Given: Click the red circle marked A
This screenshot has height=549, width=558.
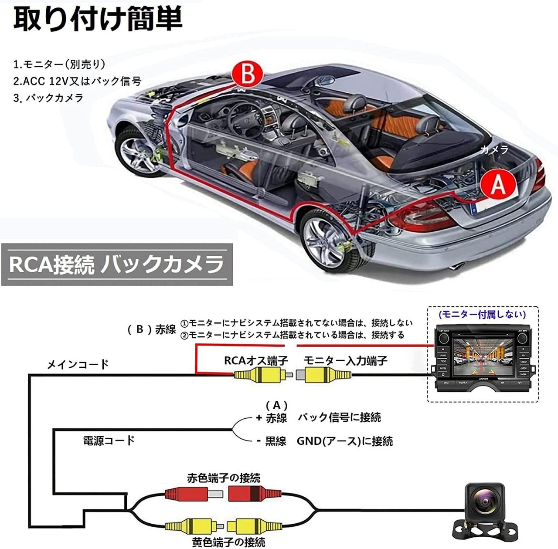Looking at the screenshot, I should (x=497, y=184).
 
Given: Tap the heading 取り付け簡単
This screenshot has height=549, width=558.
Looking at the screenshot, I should (x=98, y=19).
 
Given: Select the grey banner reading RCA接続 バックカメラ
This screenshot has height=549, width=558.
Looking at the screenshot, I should (x=117, y=264).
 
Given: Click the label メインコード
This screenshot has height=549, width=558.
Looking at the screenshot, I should (x=78, y=364).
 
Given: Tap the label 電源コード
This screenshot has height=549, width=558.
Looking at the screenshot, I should (x=109, y=440).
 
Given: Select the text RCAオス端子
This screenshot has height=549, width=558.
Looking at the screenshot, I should (x=256, y=361).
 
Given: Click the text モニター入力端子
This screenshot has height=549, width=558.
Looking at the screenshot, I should (x=345, y=361).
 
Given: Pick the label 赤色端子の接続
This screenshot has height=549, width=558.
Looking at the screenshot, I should (x=224, y=478).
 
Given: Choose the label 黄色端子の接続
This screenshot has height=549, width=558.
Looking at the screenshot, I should (x=228, y=542).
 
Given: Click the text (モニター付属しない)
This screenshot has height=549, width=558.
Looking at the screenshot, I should (x=482, y=314).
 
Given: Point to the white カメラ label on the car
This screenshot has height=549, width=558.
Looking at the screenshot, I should (x=494, y=150).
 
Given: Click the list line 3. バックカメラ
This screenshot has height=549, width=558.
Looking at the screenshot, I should (x=48, y=98).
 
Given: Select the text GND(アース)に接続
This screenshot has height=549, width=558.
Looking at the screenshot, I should (x=344, y=441).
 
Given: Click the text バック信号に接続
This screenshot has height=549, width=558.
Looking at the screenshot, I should (x=339, y=417).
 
